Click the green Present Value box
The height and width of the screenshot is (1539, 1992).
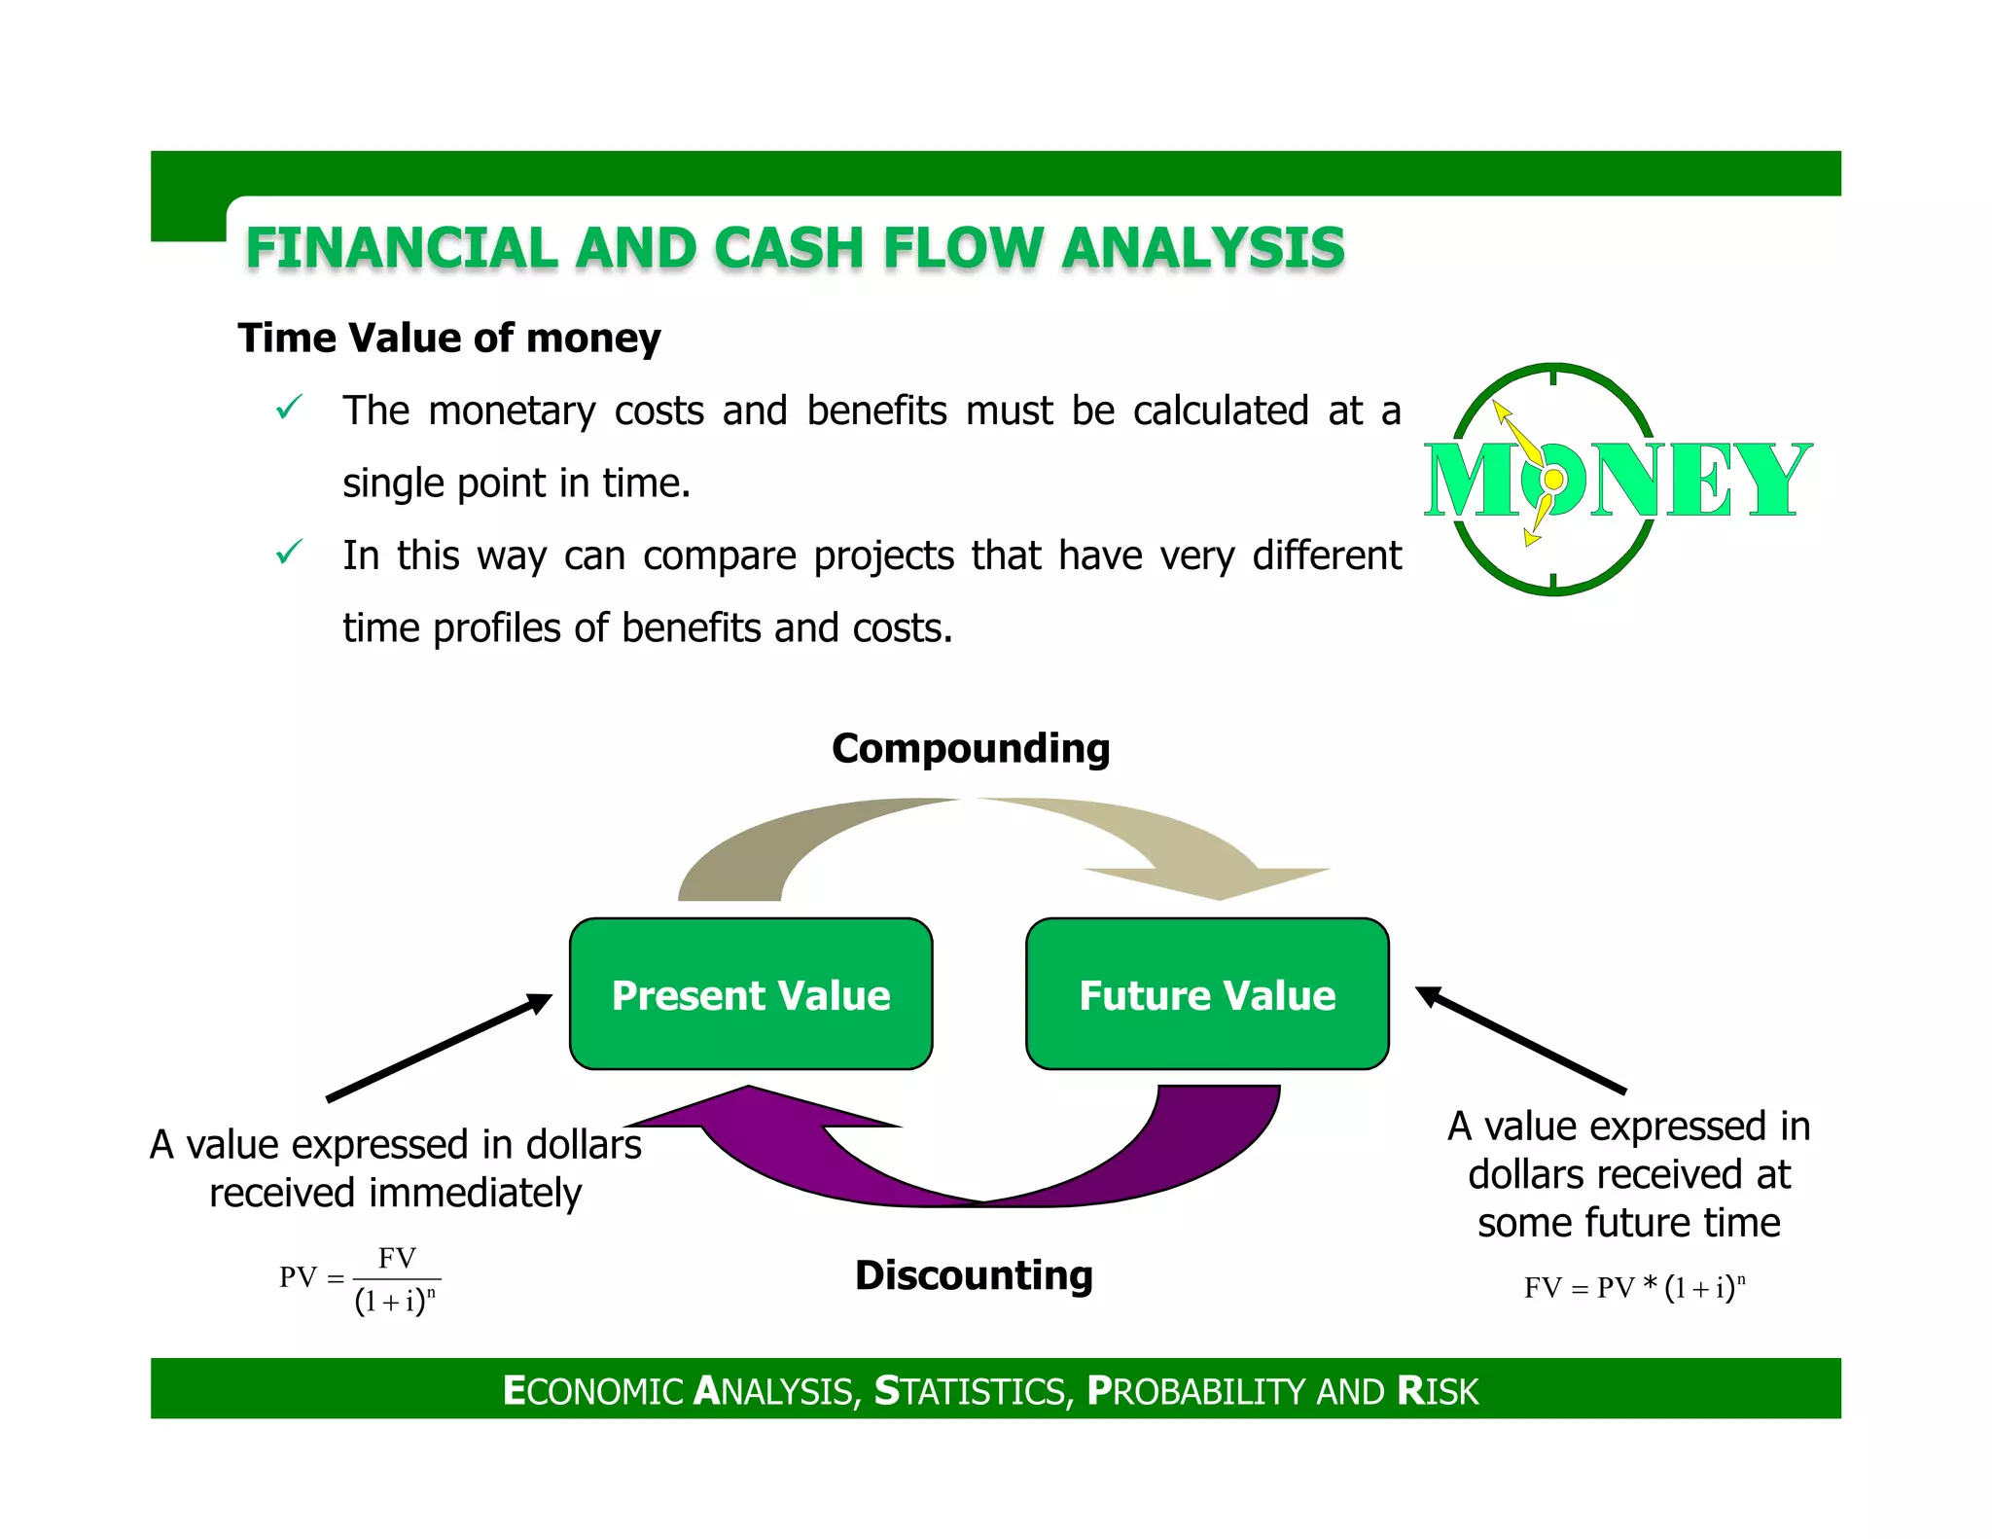tap(751, 993)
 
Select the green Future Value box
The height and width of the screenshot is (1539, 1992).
tap(1207, 993)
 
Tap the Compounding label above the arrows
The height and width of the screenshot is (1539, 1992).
tap(971, 748)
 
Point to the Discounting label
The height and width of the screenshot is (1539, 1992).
tap(974, 1274)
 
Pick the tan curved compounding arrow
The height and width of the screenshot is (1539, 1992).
tap(973, 827)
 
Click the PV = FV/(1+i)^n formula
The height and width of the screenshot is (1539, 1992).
tap(360, 1279)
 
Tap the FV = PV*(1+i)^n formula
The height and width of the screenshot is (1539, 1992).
tap(1634, 1287)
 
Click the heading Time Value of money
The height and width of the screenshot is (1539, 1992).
tap(449, 338)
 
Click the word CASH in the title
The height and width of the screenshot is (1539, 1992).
tap(789, 247)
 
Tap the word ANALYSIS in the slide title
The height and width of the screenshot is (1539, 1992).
tap(1203, 247)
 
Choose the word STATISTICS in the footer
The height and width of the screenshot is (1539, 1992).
tap(974, 1390)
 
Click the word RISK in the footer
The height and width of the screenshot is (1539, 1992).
tap(1438, 1390)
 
